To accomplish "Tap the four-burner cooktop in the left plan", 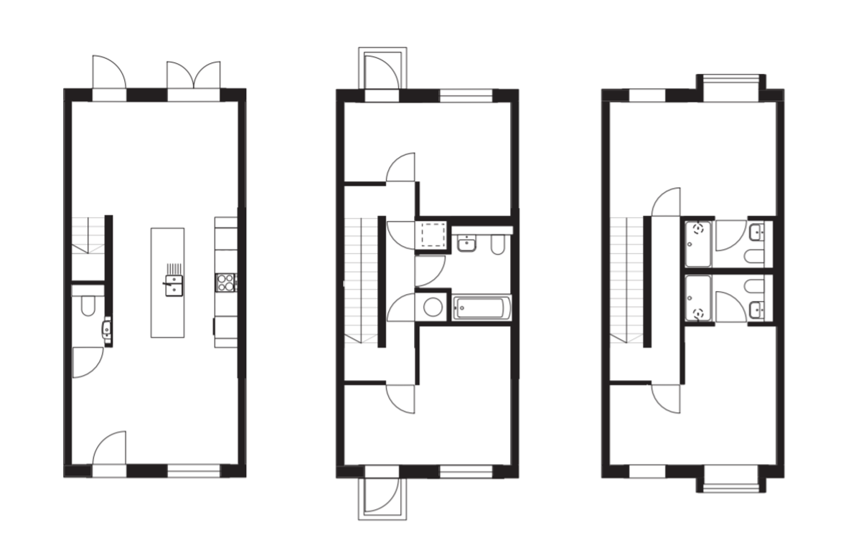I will (225, 282).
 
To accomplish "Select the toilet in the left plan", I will (88, 307).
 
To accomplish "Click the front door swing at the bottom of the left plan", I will (109, 449).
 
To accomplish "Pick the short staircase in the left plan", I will (88, 235).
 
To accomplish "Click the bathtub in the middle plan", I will (483, 309).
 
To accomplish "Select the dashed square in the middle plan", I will (433, 234).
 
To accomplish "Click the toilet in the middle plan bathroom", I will (497, 246).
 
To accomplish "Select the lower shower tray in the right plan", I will (697, 299).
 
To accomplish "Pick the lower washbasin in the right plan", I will (756, 310).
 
